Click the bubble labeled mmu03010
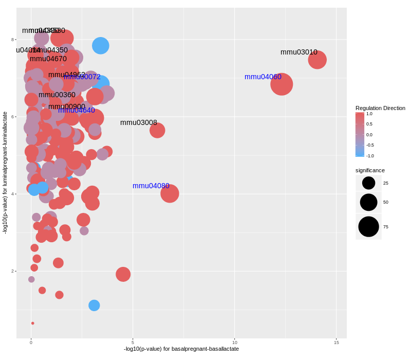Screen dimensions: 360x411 point(317,60)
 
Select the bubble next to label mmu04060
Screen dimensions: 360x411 point(282,84)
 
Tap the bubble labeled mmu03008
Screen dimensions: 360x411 point(157,130)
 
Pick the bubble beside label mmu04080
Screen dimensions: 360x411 point(170,193)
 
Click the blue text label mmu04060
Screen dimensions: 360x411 point(263,77)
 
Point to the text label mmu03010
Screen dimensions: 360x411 point(299,52)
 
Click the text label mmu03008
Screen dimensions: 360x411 point(139,122)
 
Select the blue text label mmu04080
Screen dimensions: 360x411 point(151,186)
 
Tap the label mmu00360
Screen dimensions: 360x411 point(57,95)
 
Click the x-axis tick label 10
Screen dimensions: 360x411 point(235,343)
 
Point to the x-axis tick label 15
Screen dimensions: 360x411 point(337,343)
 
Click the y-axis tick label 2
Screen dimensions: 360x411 point(13,271)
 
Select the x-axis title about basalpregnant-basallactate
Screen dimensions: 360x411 point(181,349)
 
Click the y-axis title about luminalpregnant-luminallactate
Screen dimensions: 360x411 point(5,173)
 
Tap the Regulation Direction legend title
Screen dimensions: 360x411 point(380,108)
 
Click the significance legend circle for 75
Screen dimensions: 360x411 point(368,226)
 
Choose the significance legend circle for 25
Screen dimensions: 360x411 point(368,183)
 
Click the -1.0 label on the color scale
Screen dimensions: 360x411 point(370,156)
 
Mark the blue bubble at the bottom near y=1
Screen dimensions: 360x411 point(94,305)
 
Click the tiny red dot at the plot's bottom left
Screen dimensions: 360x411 point(32,323)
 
